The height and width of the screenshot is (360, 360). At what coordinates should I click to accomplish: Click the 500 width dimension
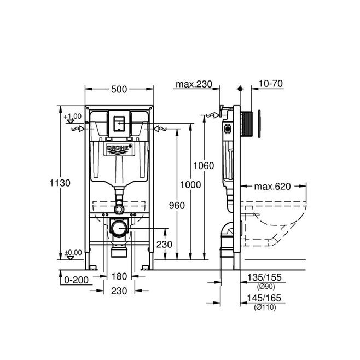[x=119, y=89]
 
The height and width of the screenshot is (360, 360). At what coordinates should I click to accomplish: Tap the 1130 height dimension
[x=60, y=183]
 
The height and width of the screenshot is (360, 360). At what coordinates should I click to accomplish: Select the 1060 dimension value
[x=204, y=166]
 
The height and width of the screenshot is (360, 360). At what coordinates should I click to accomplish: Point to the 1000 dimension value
[x=190, y=184]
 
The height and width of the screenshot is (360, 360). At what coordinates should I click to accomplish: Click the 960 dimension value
[x=177, y=206]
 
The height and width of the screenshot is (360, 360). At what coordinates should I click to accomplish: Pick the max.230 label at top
[x=194, y=84]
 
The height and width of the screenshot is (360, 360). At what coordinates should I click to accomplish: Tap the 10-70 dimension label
[x=271, y=84]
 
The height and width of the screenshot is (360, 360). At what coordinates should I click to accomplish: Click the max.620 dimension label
[x=272, y=187]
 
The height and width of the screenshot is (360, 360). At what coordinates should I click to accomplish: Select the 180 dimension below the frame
[x=119, y=276]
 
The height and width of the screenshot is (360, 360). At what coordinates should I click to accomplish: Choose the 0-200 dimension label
[x=76, y=280]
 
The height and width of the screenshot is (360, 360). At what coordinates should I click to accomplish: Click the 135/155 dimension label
[x=264, y=277]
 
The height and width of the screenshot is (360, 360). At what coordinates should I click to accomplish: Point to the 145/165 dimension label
[x=264, y=298]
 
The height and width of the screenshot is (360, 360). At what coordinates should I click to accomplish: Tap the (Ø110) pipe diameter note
[x=265, y=307]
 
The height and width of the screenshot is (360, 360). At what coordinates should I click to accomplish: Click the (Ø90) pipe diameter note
[x=266, y=286]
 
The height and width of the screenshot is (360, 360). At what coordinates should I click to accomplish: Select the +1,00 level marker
[x=73, y=116]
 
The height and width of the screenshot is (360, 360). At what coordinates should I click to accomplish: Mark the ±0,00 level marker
[x=73, y=252]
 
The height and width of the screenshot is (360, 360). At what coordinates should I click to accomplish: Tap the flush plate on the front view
[x=119, y=124]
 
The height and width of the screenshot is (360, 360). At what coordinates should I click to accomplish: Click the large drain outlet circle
[x=119, y=229]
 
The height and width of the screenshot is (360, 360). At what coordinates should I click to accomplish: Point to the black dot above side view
[x=240, y=89]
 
